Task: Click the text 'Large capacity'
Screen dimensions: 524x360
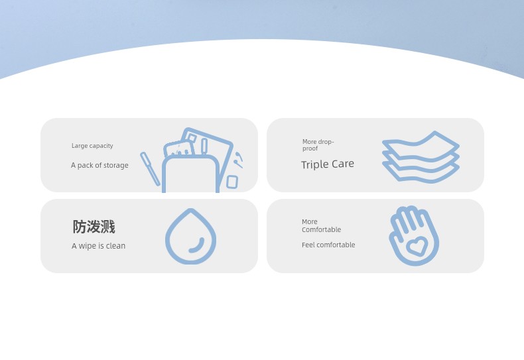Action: (x=92, y=146)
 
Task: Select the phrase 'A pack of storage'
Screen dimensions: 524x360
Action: (x=99, y=165)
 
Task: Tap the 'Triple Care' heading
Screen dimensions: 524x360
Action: (x=328, y=164)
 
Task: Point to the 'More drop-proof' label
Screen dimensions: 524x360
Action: (x=318, y=145)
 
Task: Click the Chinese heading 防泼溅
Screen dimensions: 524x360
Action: (x=94, y=227)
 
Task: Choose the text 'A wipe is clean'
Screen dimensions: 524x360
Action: (x=99, y=246)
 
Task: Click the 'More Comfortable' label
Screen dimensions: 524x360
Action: (x=321, y=226)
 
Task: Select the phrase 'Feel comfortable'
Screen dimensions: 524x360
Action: (x=328, y=245)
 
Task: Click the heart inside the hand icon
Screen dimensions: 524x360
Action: (x=416, y=247)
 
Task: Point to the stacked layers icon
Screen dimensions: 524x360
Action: (x=421, y=157)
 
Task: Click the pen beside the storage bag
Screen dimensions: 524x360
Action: (x=150, y=169)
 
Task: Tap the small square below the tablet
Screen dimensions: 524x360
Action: (x=232, y=182)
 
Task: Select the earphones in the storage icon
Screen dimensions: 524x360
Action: (x=239, y=160)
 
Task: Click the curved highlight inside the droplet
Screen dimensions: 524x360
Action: (x=197, y=246)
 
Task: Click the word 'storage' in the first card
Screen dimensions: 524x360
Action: (x=115, y=166)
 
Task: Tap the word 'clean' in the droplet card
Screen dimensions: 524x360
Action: (x=115, y=246)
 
